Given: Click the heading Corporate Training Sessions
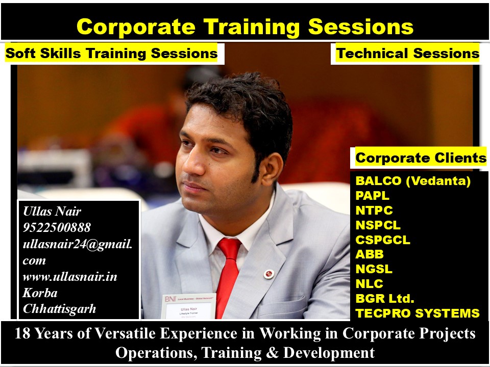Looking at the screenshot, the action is (245, 27).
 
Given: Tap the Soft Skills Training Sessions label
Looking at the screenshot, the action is (112, 53).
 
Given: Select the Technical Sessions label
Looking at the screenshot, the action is (408, 53).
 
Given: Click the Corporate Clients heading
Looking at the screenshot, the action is (421, 158).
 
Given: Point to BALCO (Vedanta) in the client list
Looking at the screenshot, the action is (413, 181).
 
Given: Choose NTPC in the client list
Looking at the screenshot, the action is (374, 211).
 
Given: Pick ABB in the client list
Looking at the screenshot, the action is (370, 254).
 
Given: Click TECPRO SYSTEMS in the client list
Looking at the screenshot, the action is (418, 313).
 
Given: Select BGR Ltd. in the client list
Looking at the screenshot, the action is (385, 298).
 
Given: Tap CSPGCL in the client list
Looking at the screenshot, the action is (383, 240).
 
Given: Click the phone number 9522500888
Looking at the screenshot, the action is (57, 227).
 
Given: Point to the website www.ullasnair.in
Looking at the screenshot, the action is (70, 276).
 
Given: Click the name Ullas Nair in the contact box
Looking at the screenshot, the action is (52, 211).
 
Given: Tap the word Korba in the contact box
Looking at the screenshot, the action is (40, 293).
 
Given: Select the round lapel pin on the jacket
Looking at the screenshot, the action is (269, 274).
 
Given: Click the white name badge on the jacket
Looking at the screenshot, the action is (189, 306).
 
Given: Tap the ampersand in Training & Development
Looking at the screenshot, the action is (273, 353).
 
